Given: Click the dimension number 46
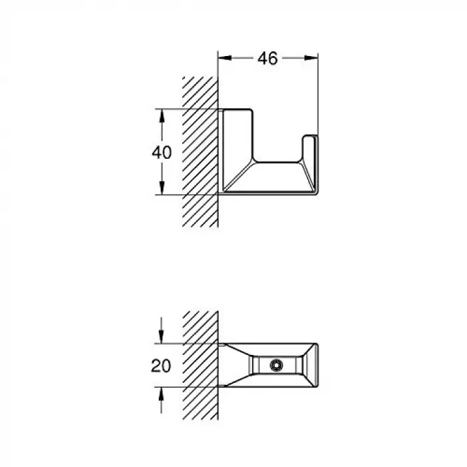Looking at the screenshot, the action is coord(268,59).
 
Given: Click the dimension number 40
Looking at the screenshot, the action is coord(161,153).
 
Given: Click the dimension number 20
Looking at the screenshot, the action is coord(161,366).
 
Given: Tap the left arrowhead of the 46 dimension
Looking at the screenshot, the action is coord(225,58).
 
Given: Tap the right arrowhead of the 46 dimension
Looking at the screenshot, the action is coord(311,58).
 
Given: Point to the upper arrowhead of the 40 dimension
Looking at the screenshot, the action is coord(161,116).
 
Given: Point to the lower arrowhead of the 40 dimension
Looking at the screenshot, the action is coord(161,187).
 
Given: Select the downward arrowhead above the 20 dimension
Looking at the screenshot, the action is coord(161,336).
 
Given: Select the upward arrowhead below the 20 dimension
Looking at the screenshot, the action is coord(161,394).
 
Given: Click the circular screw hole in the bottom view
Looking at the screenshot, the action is coord(276,365).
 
